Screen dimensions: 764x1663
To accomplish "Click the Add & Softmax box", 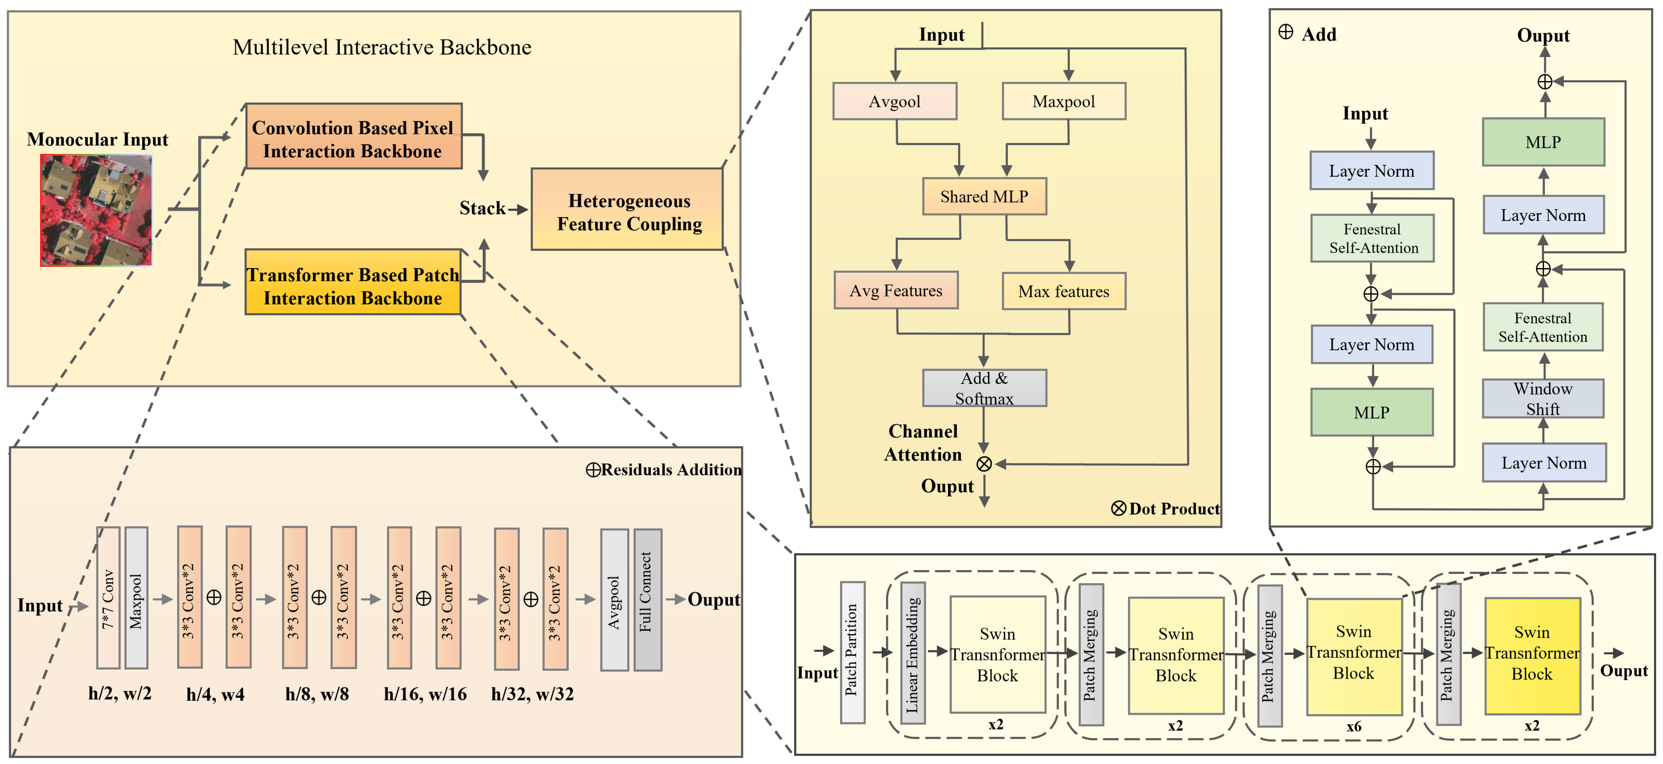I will (984, 388).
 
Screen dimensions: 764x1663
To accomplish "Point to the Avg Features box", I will (896, 290).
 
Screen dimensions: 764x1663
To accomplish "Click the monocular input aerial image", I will (96, 210).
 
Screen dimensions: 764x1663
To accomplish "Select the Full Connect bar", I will (647, 599).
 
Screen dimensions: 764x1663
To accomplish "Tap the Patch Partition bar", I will (852, 652).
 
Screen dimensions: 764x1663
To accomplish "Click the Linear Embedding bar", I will (912, 653).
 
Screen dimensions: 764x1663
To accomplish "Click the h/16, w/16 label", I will (425, 694).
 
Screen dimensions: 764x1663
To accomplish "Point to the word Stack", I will (482, 208).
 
